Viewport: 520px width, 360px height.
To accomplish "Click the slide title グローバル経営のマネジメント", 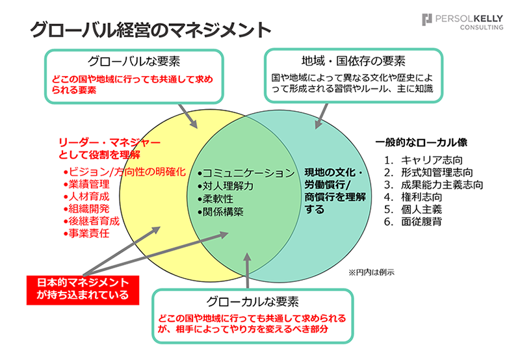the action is click(x=150, y=30).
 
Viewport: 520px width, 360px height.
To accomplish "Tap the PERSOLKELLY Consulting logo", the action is click(x=462, y=22).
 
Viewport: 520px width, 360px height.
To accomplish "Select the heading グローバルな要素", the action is click(x=134, y=61).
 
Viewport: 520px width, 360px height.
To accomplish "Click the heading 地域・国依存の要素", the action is click(x=353, y=60).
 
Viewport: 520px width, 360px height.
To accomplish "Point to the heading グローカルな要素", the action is click(x=252, y=302).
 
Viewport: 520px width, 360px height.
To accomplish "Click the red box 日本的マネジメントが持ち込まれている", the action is click(x=83, y=290).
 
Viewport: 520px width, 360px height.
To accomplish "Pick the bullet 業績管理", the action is click(x=86, y=184).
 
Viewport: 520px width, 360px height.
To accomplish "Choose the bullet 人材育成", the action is click(x=86, y=196).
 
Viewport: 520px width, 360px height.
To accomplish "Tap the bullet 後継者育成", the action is click(x=92, y=221).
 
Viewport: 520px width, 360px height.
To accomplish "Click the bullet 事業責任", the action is click(x=86, y=233).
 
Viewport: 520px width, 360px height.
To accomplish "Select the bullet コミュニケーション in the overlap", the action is click(x=246, y=173).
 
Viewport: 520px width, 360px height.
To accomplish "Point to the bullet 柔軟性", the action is click(x=216, y=199).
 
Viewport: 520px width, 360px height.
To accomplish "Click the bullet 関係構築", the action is click(x=220, y=211).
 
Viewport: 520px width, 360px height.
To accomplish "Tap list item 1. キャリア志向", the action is click(x=423, y=160).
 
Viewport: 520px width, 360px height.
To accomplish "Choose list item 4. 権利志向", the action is click(x=413, y=197).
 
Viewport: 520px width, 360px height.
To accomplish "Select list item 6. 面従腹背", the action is click(x=413, y=222).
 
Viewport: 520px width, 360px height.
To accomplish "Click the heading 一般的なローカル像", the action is click(x=421, y=142).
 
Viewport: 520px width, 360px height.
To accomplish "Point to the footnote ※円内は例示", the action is click(x=371, y=272).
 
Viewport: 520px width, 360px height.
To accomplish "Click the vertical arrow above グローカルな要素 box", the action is click(x=248, y=270).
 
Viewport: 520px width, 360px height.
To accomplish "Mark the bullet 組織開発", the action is click(x=86, y=209).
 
